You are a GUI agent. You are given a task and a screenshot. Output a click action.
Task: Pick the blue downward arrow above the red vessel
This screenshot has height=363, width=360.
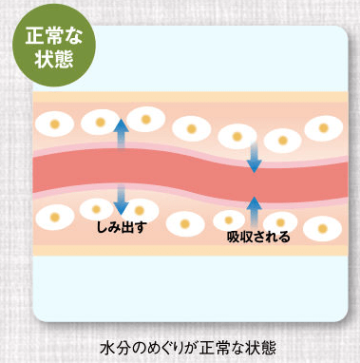pyautogui.click(x=254, y=156)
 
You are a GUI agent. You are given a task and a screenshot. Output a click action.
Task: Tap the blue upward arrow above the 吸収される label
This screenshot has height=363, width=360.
pyautogui.click(x=254, y=209)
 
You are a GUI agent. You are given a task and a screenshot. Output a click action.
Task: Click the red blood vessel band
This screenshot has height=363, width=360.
pyautogui.click(x=180, y=171)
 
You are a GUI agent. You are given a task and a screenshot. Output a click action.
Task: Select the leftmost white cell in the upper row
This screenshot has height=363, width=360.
pyautogui.click(x=55, y=124)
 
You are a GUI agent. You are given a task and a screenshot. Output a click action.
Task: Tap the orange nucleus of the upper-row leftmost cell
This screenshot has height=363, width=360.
pyautogui.click(x=55, y=124)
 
